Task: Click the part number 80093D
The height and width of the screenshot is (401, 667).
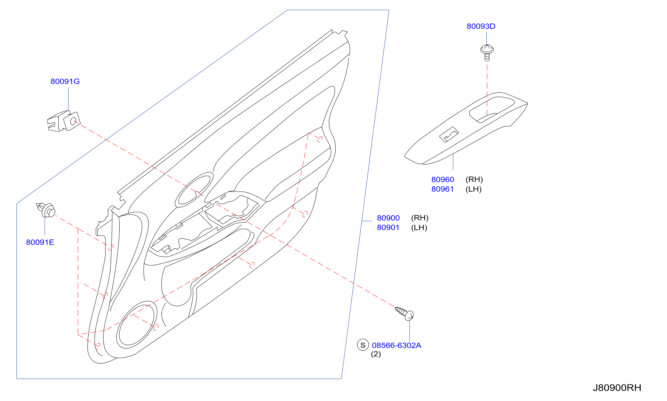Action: coord(481,26)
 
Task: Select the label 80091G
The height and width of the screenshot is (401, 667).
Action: coord(65,81)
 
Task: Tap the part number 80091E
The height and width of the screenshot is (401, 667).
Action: coord(40,242)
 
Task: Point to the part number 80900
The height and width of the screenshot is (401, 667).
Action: coord(388,218)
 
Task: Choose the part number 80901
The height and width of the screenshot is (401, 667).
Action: coord(388,228)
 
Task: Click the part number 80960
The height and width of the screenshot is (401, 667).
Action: coord(443,179)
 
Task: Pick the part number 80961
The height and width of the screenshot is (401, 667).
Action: coord(442,189)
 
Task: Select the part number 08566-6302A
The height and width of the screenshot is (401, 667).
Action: coord(396,345)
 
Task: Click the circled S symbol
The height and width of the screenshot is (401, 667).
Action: coord(363,345)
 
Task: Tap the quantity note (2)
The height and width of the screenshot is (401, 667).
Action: coord(376,354)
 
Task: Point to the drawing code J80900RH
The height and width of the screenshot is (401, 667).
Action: coord(617,388)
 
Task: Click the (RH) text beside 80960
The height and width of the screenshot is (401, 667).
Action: coord(474,179)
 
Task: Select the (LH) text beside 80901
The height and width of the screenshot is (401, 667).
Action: coord(419,228)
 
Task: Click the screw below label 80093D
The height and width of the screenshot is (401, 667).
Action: coord(487,53)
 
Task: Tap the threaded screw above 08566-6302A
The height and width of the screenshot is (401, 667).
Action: coord(404,313)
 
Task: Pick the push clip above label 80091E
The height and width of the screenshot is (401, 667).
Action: coord(46,210)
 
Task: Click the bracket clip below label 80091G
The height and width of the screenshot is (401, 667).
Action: coord(64,121)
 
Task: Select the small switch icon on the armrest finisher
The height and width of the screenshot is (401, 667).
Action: coord(449,135)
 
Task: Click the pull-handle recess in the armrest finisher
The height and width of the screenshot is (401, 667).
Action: coord(491,109)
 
